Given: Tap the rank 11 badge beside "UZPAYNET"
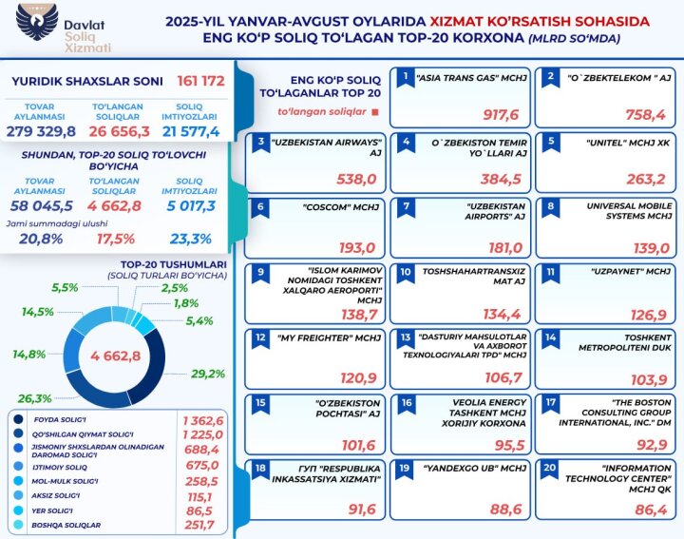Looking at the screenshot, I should (549, 272).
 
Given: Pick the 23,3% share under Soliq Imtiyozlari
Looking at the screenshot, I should (191, 239).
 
